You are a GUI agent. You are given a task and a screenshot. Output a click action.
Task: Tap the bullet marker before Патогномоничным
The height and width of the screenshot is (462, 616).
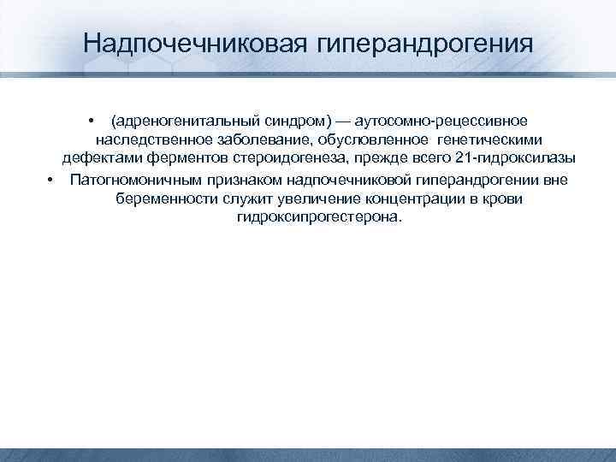[x=51, y=179]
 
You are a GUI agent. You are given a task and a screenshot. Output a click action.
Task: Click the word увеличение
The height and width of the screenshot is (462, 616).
[x=296, y=198]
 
